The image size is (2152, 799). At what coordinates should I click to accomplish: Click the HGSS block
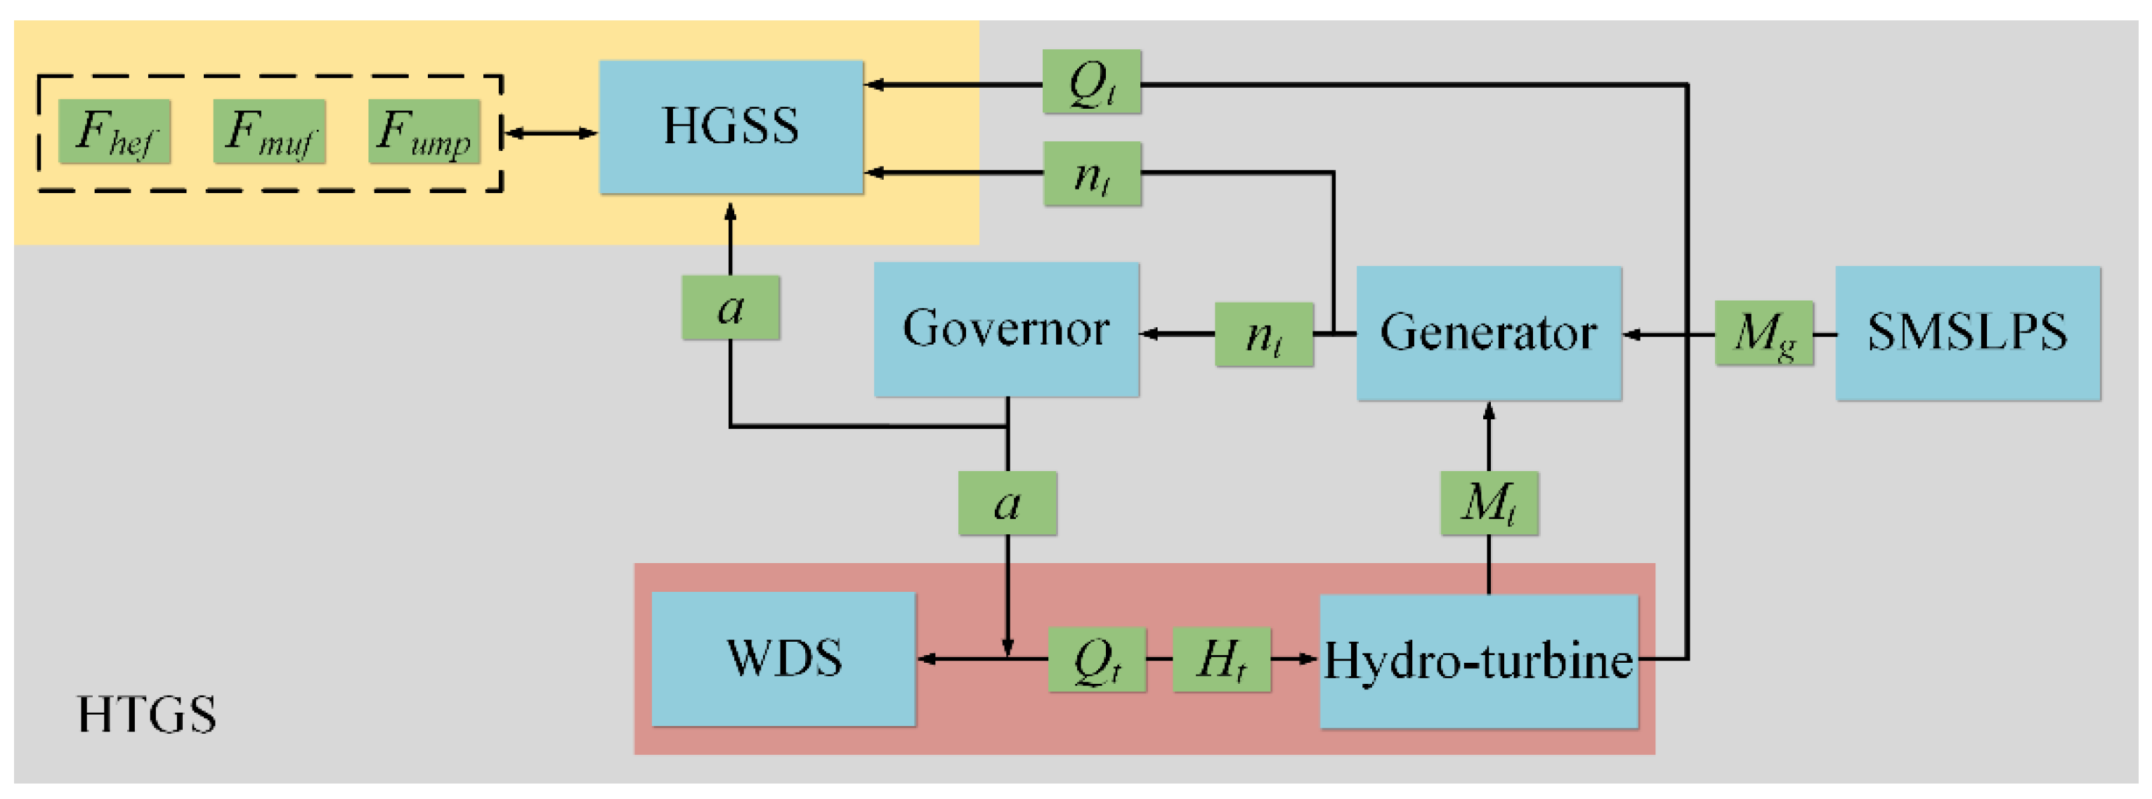(x=731, y=127)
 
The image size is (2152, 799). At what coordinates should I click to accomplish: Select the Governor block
(x=1006, y=329)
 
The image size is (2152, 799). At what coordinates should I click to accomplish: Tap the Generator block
(x=1489, y=333)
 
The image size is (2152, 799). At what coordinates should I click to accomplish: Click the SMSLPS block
(x=1967, y=333)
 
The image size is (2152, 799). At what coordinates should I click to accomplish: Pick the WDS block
(x=783, y=659)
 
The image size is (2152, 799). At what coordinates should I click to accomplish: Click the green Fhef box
(x=115, y=132)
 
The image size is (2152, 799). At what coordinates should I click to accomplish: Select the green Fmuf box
(x=269, y=132)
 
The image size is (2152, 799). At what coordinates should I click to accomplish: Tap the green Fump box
(x=424, y=132)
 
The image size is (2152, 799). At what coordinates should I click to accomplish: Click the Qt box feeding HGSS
(x=1091, y=83)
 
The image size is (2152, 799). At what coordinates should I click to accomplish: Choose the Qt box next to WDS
(x=1097, y=659)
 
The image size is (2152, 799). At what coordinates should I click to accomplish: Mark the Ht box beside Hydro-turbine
(x=1221, y=659)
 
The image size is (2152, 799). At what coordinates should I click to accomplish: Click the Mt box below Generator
(x=1489, y=503)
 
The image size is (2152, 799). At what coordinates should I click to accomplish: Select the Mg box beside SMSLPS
(x=1763, y=333)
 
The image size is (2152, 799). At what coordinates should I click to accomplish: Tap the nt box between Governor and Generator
(x=1264, y=335)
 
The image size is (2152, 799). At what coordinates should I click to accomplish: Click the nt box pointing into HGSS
(x=1092, y=173)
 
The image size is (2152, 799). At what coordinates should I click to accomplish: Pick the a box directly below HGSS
(x=731, y=308)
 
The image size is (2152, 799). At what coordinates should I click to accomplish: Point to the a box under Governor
(x=1007, y=503)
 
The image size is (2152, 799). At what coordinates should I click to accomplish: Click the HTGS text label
(x=147, y=715)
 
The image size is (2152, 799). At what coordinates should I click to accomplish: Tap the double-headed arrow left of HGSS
(x=552, y=133)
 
